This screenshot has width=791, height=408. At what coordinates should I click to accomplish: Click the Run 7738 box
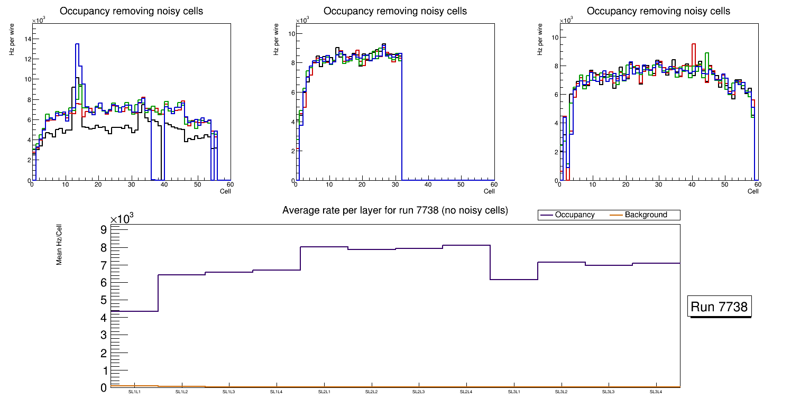click(x=720, y=307)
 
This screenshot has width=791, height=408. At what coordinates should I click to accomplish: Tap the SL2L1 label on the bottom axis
click(x=324, y=392)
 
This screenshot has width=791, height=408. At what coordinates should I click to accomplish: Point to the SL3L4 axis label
click(x=656, y=392)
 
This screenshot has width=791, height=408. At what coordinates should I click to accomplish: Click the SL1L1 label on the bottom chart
click(x=134, y=392)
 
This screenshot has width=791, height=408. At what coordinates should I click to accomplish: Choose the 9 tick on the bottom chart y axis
click(x=104, y=230)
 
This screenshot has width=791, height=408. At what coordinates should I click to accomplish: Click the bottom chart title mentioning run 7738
click(x=395, y=210)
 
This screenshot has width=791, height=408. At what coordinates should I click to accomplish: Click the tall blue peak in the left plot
click(x=77, y=45)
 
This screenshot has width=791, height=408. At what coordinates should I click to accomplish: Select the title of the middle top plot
click(x=395, y=11)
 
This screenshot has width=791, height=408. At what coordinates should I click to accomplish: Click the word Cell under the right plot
click(x=753, y=191)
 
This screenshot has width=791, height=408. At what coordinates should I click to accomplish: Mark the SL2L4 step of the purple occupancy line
click(x=466, y=245)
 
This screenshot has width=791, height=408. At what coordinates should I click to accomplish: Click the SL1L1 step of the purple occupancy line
click(x=134, y=311)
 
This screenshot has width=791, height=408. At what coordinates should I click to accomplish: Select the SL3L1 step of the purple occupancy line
click(x=514, y=280)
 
